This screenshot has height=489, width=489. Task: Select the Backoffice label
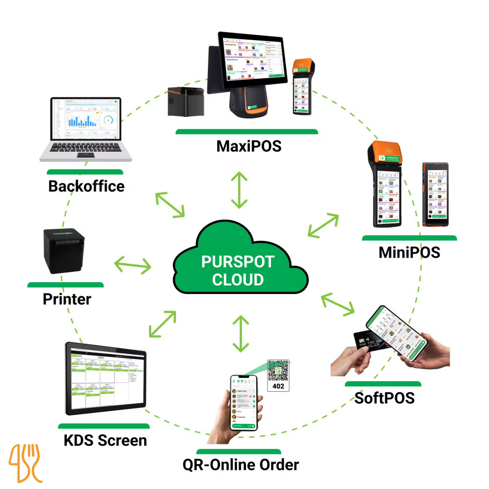pyautogui.click(x=86, y=186)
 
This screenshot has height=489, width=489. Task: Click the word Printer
pyautogui.click(x=67, y=299)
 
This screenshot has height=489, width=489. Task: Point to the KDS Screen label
pyautogui.click(x=105, y=440)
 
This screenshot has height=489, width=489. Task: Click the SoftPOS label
pyautogui.click(x=384, y=398)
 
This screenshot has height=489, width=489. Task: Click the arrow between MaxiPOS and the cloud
pyautogui.click(x=239, y=190)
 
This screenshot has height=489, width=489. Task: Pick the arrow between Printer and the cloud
pyautogui.click(x=133, y=266)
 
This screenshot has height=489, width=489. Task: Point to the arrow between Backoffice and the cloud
pyautogui.click(x=169, y=205)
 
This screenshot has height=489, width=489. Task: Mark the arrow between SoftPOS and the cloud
pyautogui.click(x=338, y=303)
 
